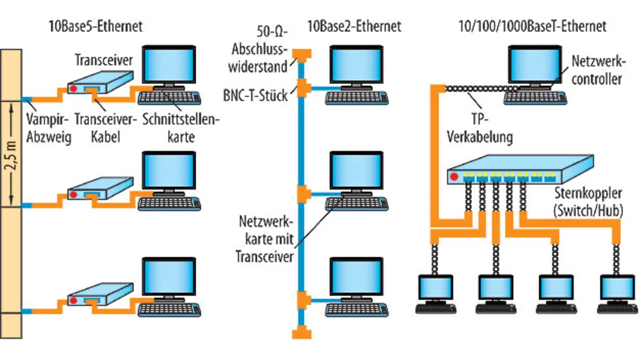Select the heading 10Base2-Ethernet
354,26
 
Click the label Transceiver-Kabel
105,128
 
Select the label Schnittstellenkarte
181,128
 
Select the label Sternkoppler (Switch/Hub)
588,201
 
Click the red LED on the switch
454,176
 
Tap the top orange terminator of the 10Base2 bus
302,53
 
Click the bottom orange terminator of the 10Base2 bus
302,332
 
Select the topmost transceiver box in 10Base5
101,82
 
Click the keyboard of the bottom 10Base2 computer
357,307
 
